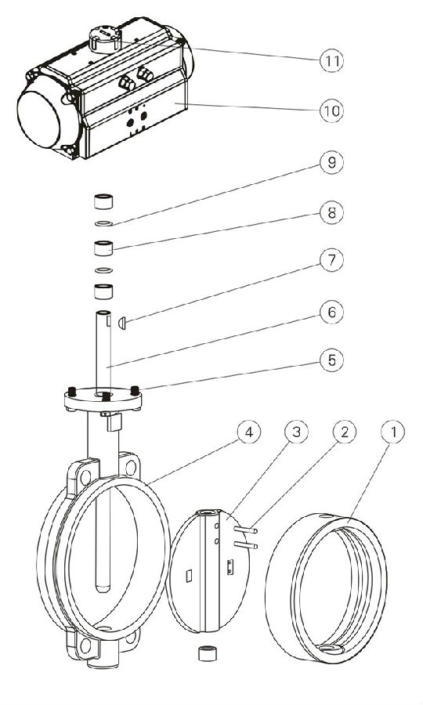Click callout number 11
[332, 60]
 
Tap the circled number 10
[332, 110]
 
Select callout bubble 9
[332, 162]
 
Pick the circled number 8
[332, 212]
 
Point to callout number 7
[332, 261]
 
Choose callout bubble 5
[332, 360]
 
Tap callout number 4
[248, 432]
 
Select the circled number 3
[297, 432]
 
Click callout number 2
[345, 432]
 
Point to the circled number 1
[393, 432]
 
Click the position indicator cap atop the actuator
[105, 38]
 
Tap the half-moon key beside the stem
[121, 323]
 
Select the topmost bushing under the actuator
[103, 201]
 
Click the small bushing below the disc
[208, 653]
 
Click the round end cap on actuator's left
[38, 119]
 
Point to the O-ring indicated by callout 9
[104, 223]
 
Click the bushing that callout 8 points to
[103, 248]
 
